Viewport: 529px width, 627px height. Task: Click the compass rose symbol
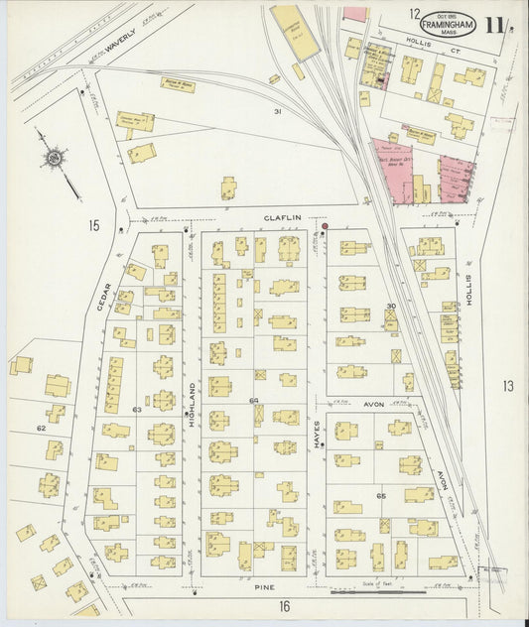(53, 157)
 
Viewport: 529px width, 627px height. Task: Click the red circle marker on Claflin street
(324, 226)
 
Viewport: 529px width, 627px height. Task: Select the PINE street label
(264, 586)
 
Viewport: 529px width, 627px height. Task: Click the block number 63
(137, 409)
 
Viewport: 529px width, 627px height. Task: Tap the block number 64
(254, 401)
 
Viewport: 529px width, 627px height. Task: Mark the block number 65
(380, 494)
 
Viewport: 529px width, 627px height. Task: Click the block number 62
(41, 428)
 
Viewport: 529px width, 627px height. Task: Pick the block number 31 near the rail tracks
(278, 111)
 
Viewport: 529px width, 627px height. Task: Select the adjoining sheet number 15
(93, 226)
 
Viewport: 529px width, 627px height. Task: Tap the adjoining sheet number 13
(507, 386)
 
